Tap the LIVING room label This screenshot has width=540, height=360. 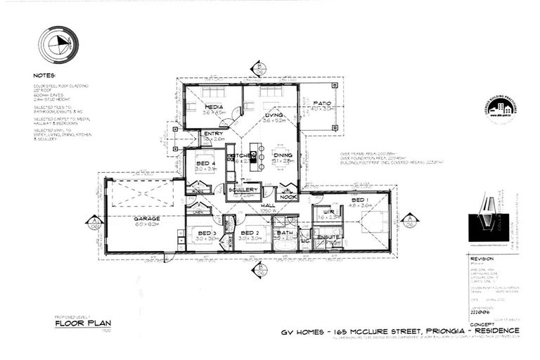click(274, 115)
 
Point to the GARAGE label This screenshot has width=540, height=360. click(147, 218)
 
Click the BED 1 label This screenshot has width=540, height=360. click(359, 200)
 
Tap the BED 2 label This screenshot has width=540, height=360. click(250, 233)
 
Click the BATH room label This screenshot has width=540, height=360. click(284, 233)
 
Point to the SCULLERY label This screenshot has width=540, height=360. click(243, 189)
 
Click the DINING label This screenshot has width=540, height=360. click(283, 155)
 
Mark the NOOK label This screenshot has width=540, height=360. click(287, 198)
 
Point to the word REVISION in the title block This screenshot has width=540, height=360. click(482, 258)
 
